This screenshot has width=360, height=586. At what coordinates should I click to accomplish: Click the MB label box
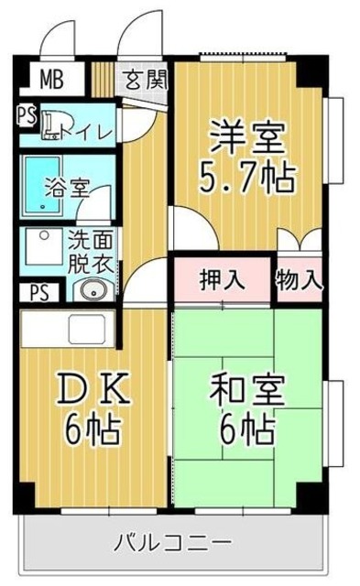pyautogui.click(x=51, y=78)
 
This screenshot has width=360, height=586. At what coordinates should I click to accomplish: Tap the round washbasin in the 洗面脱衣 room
pyautogui.click(x=92, y=291)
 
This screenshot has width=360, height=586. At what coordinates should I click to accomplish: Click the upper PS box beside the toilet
pyautogui.click(x=26, y=117)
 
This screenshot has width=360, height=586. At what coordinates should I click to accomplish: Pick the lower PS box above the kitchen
pyautogui.click(x=38, y=294)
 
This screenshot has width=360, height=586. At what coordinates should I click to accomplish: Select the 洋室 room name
pyautogui.click(x=247, y=139)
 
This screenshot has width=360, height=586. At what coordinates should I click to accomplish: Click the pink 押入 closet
pyautogui.click(x=222, y=279)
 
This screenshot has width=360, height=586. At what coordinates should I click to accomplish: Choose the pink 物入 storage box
pyautogui.click(x=300, y=279)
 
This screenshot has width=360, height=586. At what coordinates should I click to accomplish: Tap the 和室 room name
pyautogui.click(x=247, y=393)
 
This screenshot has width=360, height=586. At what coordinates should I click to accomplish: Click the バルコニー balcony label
pyautogui.click(x=172, y=543)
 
